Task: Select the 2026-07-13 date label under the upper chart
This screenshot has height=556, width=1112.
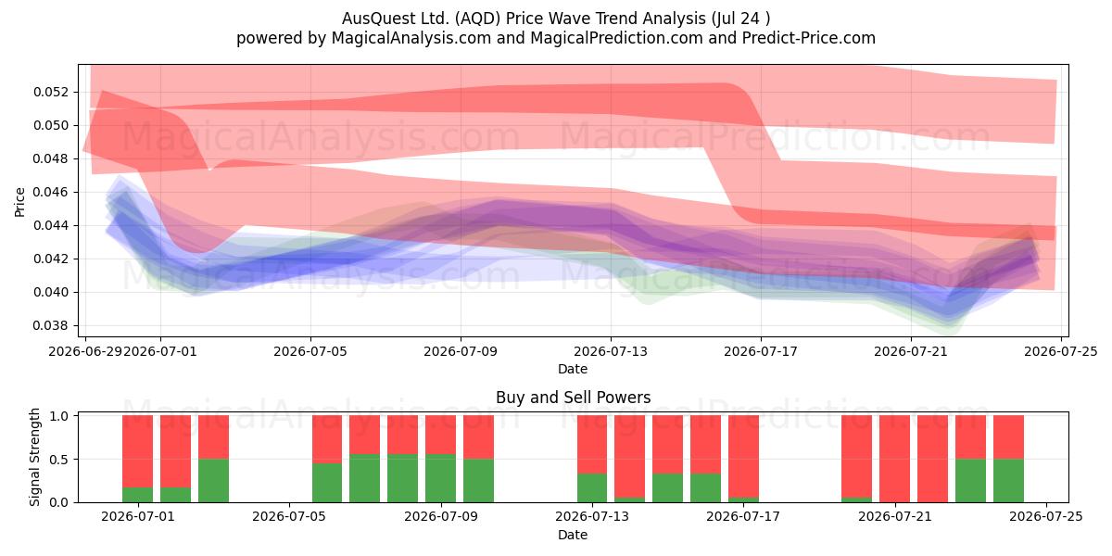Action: [611, 351]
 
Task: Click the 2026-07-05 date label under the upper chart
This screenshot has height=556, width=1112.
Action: [310, 351]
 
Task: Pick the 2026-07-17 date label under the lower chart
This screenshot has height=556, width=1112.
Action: [743, 516]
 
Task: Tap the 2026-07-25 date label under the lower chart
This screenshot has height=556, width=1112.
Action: [1046, 516]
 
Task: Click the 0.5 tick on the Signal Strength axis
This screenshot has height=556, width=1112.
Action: [59, 460]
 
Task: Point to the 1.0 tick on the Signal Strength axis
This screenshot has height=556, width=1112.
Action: [59, 416]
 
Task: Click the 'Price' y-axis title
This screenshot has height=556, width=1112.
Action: [19, 202]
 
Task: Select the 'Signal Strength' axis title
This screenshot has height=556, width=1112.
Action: [34, 457]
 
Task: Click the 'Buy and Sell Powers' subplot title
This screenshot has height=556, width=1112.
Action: [573, 398]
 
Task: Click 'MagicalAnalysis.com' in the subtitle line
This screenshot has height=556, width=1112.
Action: [411, 38]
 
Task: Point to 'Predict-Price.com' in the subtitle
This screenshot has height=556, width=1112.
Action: [809, 38]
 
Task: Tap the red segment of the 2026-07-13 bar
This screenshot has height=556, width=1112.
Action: [592, 444]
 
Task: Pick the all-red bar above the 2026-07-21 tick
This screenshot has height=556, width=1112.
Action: [894, 459]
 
